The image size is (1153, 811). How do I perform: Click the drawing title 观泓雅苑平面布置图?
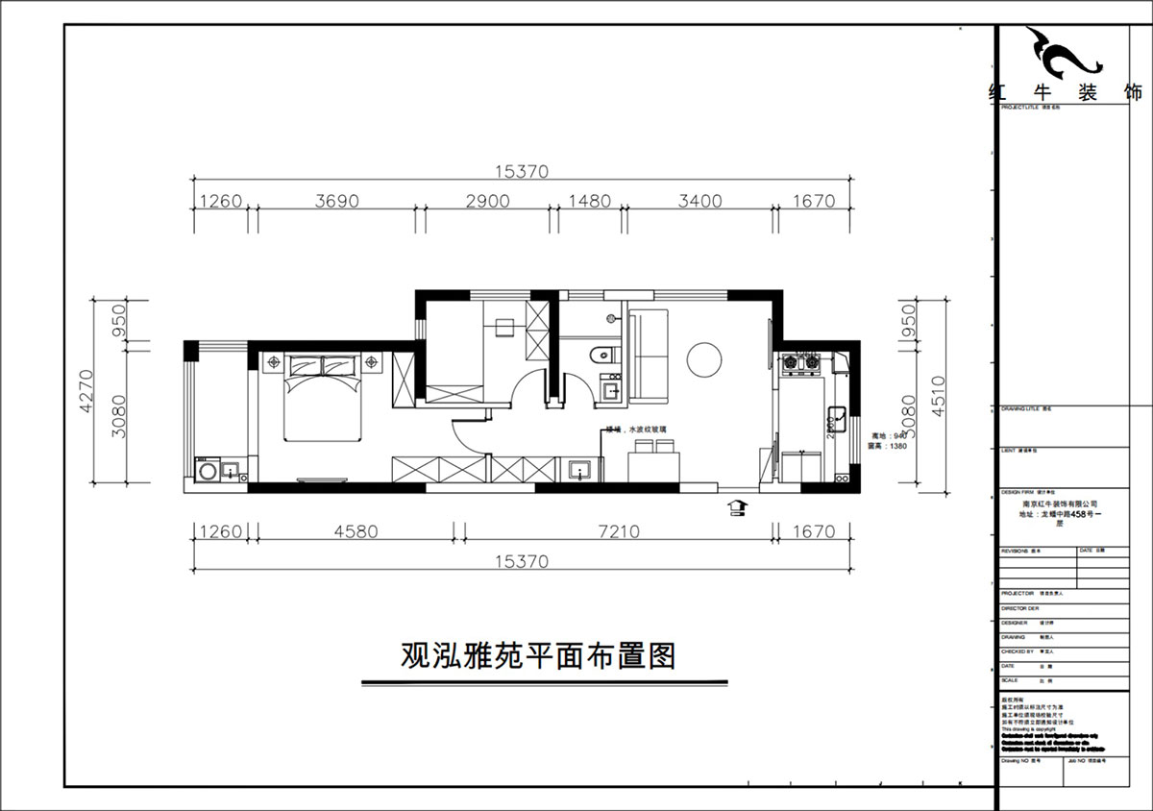coord(538,656)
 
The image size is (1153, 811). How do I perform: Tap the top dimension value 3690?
coord(336,202)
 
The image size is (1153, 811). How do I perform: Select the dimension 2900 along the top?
coord(487,202)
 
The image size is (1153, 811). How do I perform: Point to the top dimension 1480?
coord(590,202)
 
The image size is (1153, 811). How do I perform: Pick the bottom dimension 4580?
coord(356,531)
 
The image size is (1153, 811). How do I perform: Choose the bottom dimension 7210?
coord(619,531)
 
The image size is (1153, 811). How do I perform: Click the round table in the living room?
coord(706,359)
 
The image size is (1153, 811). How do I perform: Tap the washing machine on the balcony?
coord(207,472)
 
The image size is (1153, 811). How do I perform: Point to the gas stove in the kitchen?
coord(802,363)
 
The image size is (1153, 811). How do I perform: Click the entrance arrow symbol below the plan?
coord(737,506)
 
